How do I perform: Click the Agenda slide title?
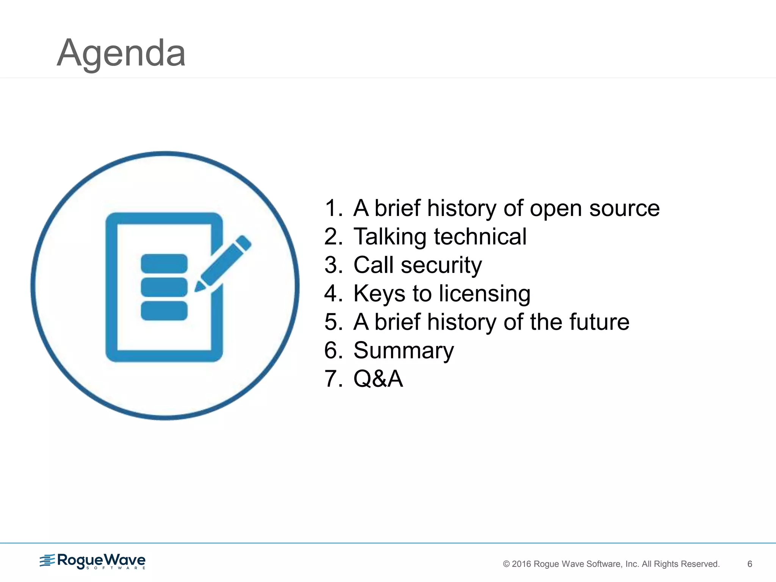pyautogui.click(x=121, y=53)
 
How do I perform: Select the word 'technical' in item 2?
pyautogui.click(x=480, y=237)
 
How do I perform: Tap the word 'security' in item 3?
pyautogui.click(x=441, y=265)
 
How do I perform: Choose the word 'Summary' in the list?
pyautogui.click(x=404, y=350)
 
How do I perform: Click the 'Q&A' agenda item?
pyautogui.click(x=378, y=379)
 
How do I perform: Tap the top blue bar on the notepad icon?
pyautogui.click(x=164, y=263)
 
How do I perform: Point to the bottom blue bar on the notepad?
pyautogui.click(x=164, y=311)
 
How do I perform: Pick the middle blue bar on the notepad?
pyautogui.click(x=164, y=287)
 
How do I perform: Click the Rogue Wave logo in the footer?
pyautogui.click(x=93, y=561)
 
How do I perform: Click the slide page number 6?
pyautogui.click(x=749, y=564)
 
